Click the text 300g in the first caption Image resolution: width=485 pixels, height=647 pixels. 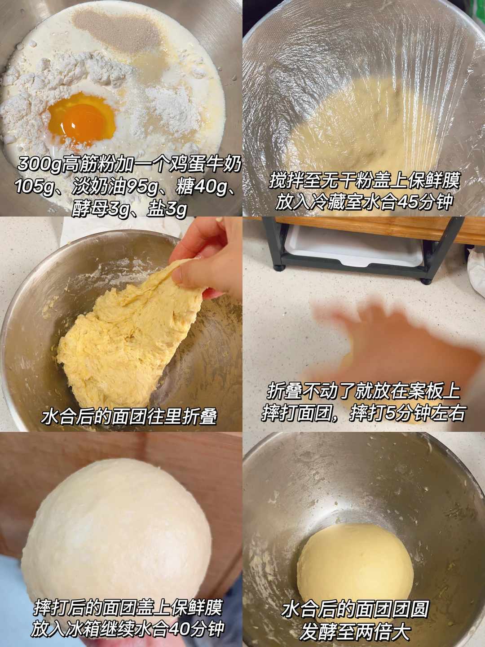pyautogui.click(x=39, y=164)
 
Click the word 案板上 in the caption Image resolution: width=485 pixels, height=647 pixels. pyautogui.click(x=434, y=391)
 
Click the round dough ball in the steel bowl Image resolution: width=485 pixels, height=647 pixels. pyautogui.click(x=355, y=558)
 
